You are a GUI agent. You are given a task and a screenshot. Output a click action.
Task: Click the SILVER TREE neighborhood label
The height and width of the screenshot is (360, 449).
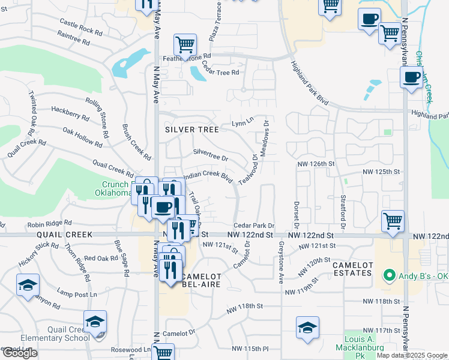point(189,129)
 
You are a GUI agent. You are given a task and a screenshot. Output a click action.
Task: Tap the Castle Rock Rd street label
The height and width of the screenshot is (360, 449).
point(81,26)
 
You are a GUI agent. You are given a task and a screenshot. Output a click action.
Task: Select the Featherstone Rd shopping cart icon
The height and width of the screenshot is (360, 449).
point(185,44)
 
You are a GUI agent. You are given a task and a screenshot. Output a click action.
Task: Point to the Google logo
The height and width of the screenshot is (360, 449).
point(20,353)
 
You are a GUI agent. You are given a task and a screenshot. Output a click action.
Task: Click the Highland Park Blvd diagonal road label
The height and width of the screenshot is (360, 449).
point(310,83)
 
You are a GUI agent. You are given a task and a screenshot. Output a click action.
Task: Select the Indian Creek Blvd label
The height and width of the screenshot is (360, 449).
point(207,176)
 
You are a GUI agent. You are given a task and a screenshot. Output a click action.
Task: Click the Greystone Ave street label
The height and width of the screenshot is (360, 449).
point(280,262)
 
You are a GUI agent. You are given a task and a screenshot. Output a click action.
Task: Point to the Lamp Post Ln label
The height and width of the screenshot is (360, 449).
point(77,294)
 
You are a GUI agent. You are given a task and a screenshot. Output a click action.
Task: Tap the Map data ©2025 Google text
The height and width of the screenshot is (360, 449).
point(412,355)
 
